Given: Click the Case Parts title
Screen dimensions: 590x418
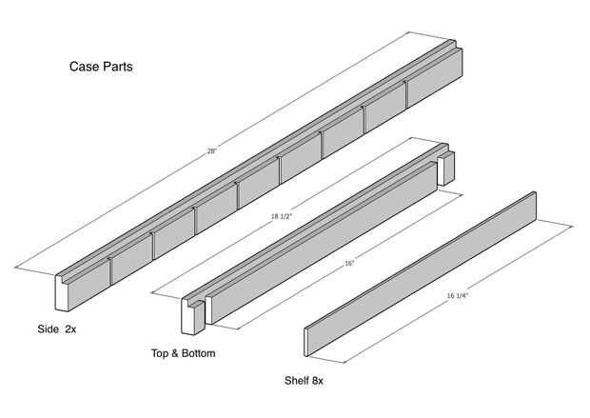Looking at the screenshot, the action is pyautogui.click(x=101, y=67).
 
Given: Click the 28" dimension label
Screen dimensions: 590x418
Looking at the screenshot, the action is pyautogui.click(x=212, y=151).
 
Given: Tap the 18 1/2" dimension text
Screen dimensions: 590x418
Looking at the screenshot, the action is pyautogui.click(x=282, y=216).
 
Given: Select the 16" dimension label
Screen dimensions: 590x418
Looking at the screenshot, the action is pyautogui.click(x=349, y=264).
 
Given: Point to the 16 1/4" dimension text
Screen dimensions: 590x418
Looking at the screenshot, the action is pyautogui.click(x=457, y=295).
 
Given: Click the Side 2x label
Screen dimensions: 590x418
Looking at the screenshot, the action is pyautogui.click(x=57, y=329).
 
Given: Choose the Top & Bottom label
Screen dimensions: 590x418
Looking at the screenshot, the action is pyautogui.click(x=184, y=353).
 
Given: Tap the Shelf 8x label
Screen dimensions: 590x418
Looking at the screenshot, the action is pyautogui.click(x=304, y=381).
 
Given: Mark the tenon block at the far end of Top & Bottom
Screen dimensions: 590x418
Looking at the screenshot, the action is pyautogui.click(x=446, y=169).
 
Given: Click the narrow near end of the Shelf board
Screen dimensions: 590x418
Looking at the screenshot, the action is pyautogui.click(x=305, y=342).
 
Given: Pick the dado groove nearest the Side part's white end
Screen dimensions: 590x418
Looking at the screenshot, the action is pyautogui.click(x=110, y=271).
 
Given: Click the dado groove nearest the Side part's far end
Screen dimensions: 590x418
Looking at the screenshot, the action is pyautogui.click(x=406, y=94).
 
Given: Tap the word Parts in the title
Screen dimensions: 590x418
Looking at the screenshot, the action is pyautogui.click(x=118, y=67).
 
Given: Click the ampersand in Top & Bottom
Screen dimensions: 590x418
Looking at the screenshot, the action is pyautogui.click(x=174, y=353).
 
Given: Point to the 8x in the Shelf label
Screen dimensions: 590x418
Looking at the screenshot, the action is pyautogui.click(x=317, y=381).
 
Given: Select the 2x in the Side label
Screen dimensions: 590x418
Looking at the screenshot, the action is pyautogui.click(x=70, y=329).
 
